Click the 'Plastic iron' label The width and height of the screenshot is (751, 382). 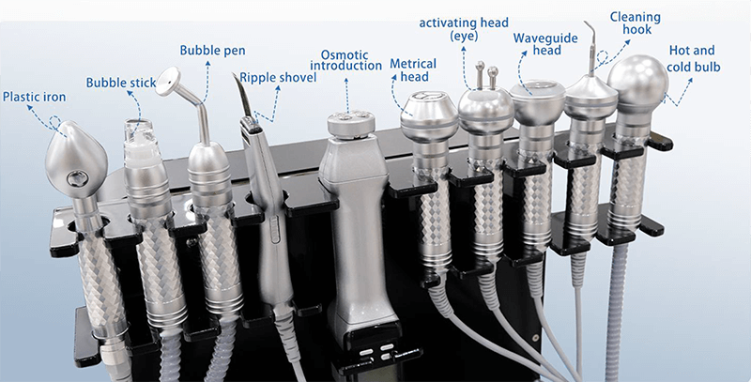34,97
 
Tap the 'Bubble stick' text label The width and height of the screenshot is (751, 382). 121,83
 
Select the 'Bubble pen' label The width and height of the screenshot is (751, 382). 213,51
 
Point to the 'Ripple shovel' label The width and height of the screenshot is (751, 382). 278,78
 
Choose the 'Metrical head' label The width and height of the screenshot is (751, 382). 413,69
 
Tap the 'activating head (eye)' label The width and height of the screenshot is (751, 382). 464,29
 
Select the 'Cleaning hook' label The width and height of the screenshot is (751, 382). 636,23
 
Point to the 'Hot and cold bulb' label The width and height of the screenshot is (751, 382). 693,58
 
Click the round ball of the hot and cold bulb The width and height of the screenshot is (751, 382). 637,79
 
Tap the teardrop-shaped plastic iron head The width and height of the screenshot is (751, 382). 76,158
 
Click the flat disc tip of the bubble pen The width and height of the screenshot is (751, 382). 168,81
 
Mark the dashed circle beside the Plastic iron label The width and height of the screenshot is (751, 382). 55,122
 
